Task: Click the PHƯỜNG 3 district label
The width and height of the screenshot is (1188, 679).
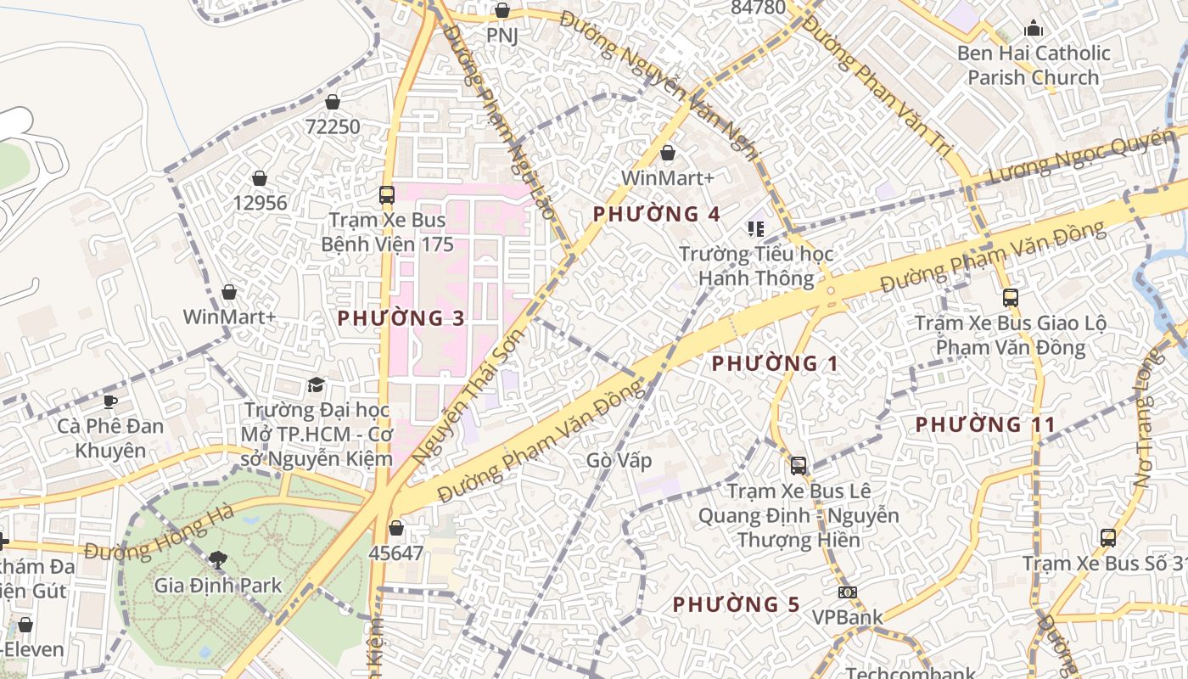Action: tap(401, 318)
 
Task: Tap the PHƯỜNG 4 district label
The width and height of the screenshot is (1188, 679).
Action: tap(657, 214)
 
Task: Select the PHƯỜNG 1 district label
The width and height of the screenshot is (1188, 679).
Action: tap(775, 364)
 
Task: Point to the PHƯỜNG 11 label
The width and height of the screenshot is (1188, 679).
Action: tap(985, 424)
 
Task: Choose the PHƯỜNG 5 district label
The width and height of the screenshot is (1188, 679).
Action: tap(737, 604)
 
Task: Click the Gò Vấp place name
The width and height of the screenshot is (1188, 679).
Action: tap(619, 460)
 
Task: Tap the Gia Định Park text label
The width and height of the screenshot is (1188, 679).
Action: tap(218, 585)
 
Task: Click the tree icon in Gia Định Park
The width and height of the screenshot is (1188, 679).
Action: tap(218, 559)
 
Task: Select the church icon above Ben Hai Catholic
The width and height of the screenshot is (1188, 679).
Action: tap(1033, 28)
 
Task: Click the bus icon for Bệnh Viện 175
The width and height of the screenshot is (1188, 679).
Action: tap(387, 194)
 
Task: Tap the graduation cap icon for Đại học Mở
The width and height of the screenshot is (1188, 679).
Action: tap(316, 384)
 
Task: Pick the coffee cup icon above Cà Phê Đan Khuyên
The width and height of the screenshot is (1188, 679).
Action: tap(109, 401)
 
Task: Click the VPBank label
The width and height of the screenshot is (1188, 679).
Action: tap(847, 617)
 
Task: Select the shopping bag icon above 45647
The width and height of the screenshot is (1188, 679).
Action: tap(395, 528)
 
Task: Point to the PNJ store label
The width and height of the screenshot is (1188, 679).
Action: tap(502, 36)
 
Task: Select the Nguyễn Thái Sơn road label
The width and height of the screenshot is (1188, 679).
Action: tap(469, 399)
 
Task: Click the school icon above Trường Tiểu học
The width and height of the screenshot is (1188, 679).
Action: tap(755, 228)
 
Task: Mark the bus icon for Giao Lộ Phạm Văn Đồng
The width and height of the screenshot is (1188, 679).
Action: tap(1010, 298)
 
